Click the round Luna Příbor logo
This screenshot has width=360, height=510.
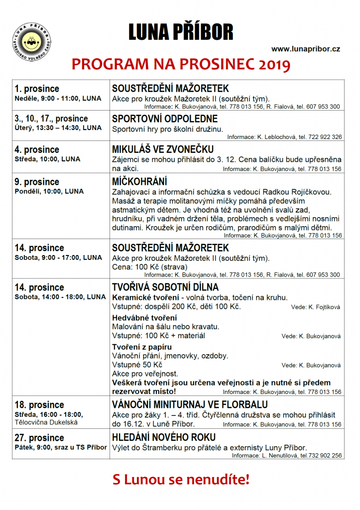click(32, 40)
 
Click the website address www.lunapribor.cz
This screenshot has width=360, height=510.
click(306, 49)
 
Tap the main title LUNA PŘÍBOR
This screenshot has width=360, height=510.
click(180, 32)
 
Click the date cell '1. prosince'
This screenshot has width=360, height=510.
click(37, 89)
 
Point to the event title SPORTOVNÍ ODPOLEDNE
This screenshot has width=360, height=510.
click(165, 119)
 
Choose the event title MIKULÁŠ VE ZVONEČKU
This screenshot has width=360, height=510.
click(163, 149)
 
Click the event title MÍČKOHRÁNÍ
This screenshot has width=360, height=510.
click(139, 182)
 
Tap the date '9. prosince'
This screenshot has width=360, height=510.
click(37, 182)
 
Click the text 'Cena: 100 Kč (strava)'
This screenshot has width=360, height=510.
click(148, 267)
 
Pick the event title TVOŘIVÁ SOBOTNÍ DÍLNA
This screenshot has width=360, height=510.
click(165, 287)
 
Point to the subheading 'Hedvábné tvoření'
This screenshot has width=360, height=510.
click(144, 318)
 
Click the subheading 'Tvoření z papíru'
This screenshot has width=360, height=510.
click(142, 347)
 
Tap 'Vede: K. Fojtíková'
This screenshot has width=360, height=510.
click(316, 307)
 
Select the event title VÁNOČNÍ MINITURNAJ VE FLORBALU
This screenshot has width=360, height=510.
click(190, 404)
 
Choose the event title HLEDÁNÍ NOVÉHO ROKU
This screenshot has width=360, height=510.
click(164, 437)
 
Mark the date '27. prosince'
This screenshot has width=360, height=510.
click(39, 438)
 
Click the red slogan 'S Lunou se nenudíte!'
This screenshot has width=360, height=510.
click(180, 480)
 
